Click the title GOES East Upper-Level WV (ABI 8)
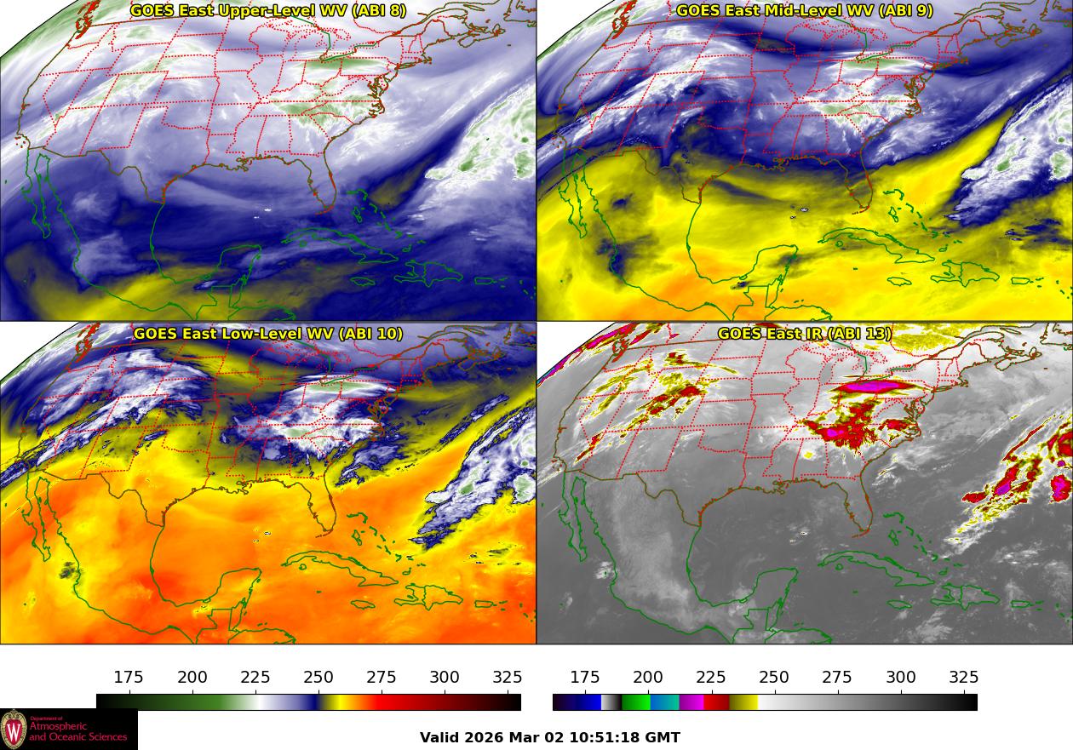(268, 11)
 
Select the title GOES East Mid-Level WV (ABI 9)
(805, 11)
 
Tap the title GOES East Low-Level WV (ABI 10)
(268, 334)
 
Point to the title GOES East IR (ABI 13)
(805, 334)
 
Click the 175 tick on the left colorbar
(129, 678)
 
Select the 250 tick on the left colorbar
(318, 678)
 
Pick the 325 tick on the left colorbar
(508, 678)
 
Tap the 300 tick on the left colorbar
(445, 678)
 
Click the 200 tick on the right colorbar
(648, 678)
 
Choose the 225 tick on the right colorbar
(711, 678)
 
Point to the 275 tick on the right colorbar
(837, 678)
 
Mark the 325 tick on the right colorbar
(964, 678)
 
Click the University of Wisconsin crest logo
(14, 730)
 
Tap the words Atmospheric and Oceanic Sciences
(77, 730)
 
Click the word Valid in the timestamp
(440, 737)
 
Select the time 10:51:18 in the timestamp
(606, 737)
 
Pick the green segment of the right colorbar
(635, 702)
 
